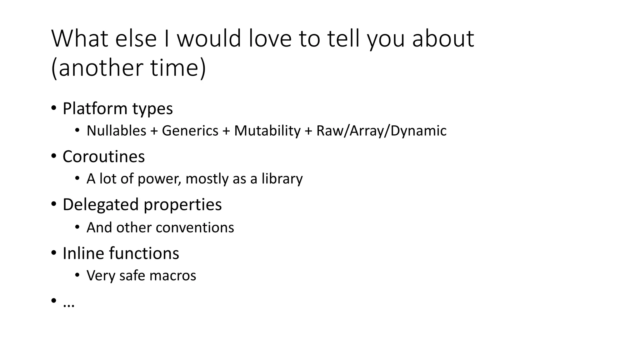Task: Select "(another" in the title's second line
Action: (x=97, y=68)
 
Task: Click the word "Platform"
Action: (x=95, y=109)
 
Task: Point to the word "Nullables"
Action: (x=116, y=131)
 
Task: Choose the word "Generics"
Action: (x=190, y=131)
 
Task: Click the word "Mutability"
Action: (x=267, y=131)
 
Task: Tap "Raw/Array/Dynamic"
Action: (x=381, y=131)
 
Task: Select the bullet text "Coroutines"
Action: (x=103, y=157)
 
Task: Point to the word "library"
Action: (x=282, y=179)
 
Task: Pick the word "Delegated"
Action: (x=101, y=205)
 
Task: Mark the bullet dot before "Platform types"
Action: (x=54, y=108)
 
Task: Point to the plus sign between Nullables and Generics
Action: (x=154, y=131)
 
